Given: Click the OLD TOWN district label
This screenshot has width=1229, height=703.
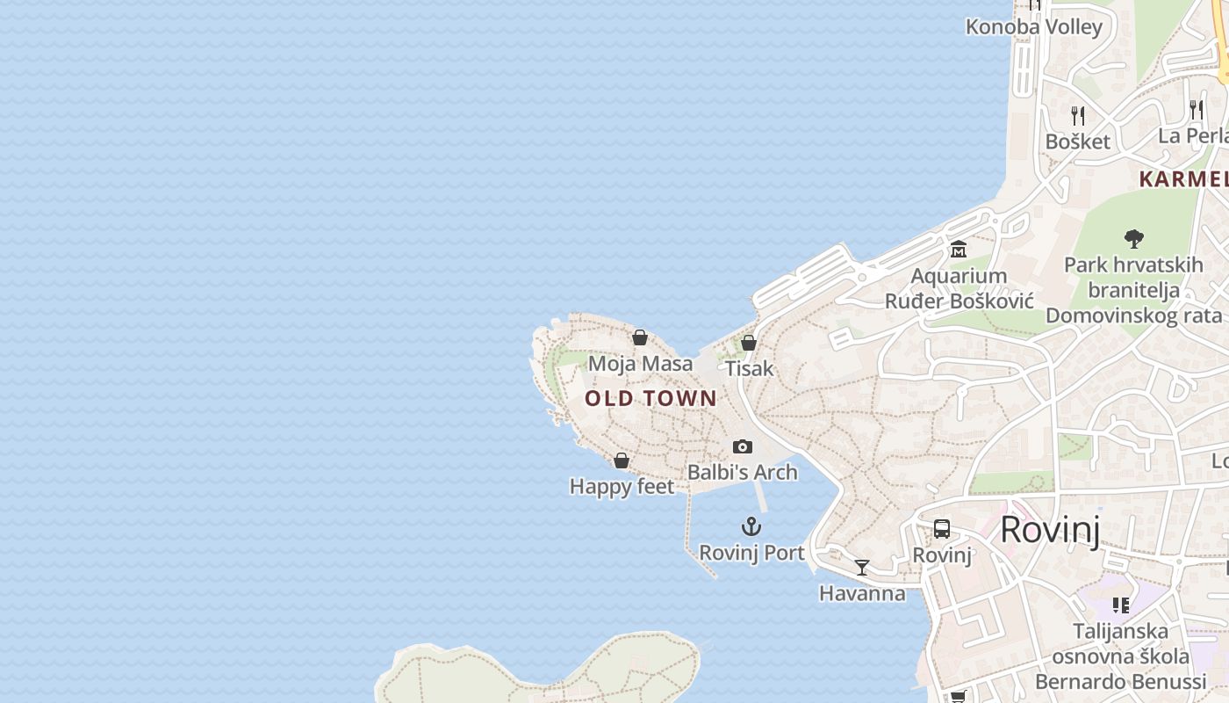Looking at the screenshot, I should [x=650, y=398].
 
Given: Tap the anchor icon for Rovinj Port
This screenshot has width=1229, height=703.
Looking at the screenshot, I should [x=751, y=527].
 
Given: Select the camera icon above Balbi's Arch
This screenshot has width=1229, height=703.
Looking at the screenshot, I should [x=743, y=447].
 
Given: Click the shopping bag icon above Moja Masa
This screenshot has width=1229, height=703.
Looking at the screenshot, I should [x=640, y=337].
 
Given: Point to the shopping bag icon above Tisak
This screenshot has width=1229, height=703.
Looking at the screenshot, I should [x=749, y=343].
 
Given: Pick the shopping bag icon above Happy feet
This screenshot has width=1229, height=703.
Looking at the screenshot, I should [x=622, y=460].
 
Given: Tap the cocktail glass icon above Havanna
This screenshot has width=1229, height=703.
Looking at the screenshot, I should [x=862, y=568].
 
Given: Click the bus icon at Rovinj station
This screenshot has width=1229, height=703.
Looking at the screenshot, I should [x=942, y=529].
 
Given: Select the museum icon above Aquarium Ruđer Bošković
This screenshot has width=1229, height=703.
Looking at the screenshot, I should [x=958, y=250].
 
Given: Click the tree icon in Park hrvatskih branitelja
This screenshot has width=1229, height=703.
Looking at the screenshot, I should [x=1133, y=238].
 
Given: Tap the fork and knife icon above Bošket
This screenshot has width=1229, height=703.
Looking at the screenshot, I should [x=1078, y=115].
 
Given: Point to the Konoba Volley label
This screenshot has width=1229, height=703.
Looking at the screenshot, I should [x=1033, y=27].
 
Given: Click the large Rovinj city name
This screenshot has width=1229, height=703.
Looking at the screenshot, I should [x=1050, y=530].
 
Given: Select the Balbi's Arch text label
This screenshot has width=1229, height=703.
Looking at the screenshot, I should [x=743, y=472].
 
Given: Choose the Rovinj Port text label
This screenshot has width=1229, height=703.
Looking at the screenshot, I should [x=751, y=553].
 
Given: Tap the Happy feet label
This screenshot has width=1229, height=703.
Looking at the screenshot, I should [x=622, y=486].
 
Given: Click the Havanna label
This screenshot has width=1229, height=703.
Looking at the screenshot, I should [x=862, y=593].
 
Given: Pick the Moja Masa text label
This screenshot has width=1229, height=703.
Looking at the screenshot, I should [x=640, y=363].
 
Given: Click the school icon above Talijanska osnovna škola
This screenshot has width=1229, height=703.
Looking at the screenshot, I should [x=1121, y=605].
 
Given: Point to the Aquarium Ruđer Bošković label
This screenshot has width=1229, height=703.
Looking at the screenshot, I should [x=959, y=288].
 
